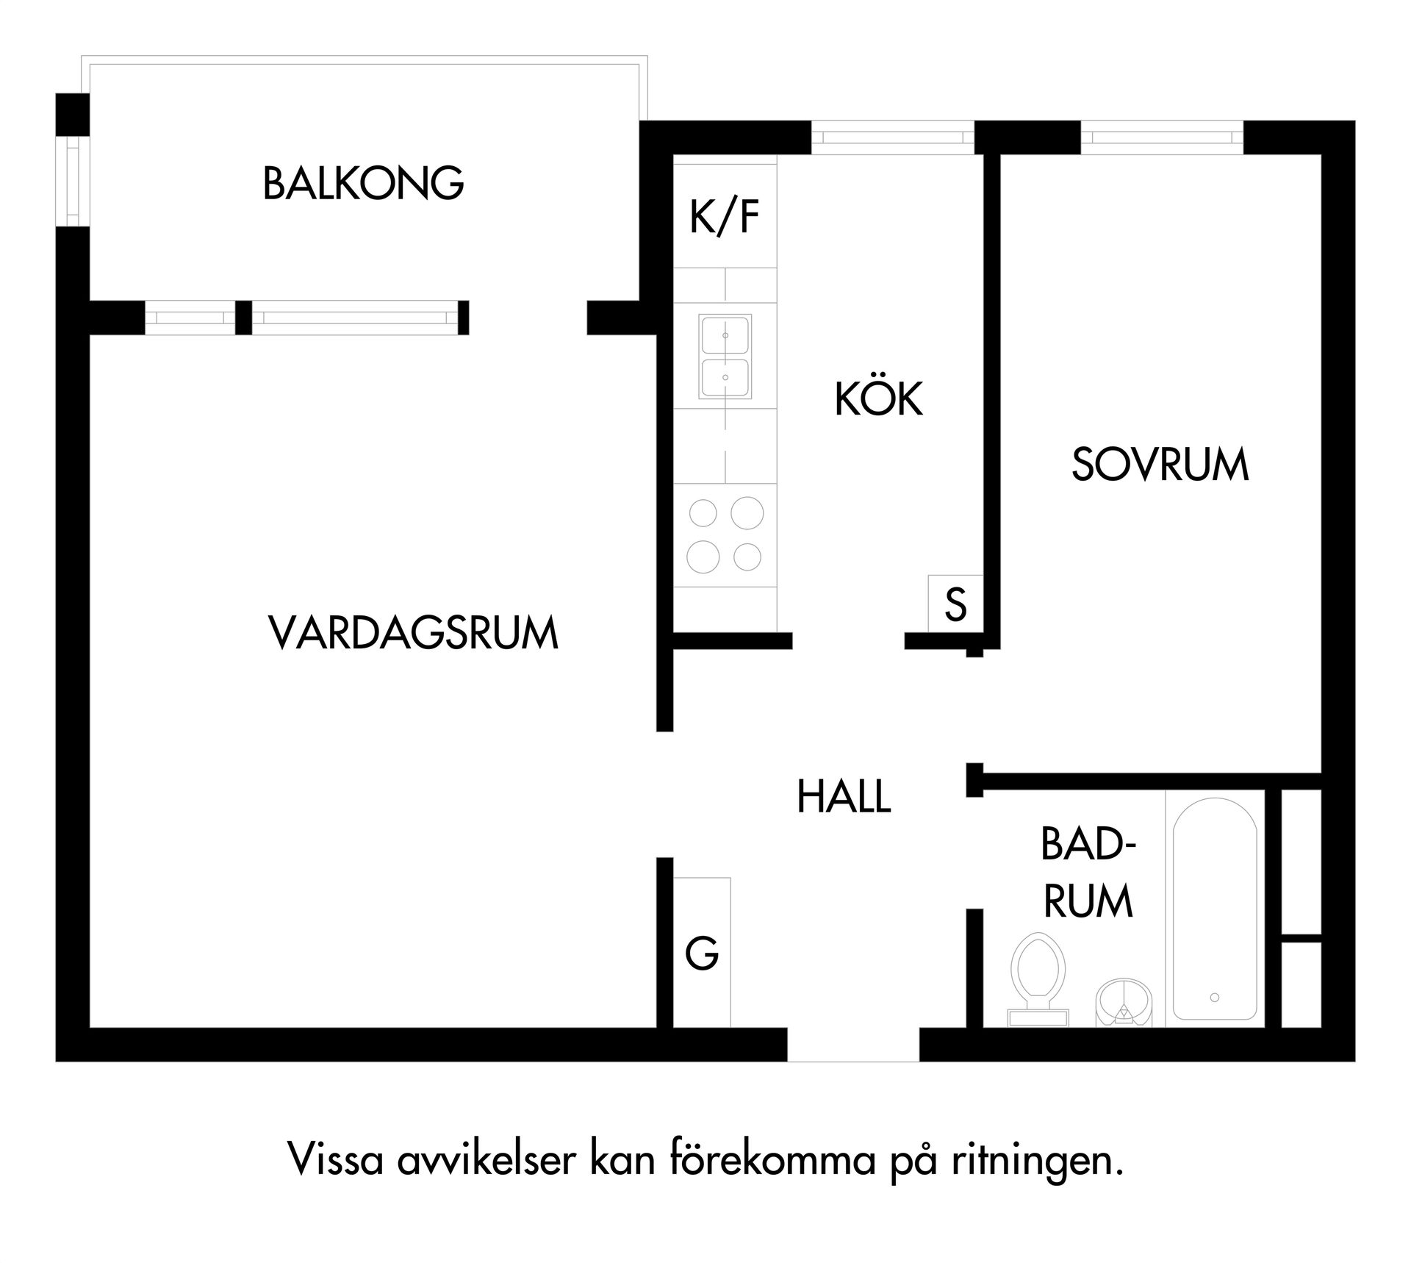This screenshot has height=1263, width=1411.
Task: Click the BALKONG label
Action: click(363, 184)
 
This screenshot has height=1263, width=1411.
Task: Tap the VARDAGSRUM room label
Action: click(413, 634)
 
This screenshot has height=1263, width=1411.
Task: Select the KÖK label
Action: click(878, 399)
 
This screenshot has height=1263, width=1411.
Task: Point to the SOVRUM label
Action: click(1160, 465)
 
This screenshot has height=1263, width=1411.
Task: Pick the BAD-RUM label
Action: click(1088, 873)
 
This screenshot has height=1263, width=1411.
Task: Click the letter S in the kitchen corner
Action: click(955, 604)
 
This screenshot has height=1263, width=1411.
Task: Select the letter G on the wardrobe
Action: click(702, 954)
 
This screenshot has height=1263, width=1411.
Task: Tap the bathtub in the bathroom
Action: click(1214, 909)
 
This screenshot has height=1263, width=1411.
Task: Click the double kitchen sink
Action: click(725, 357)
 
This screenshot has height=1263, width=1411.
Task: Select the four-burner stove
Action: click(725, 534)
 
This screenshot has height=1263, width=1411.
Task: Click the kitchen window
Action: click(893, 137)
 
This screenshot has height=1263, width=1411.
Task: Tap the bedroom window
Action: click(1162, 137)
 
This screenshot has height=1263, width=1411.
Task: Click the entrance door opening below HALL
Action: click(853, 1045)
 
